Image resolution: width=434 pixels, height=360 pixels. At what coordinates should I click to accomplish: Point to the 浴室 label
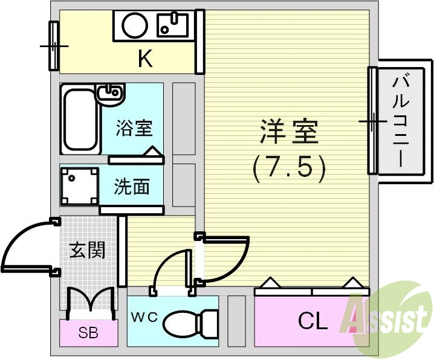(x=134, y=128)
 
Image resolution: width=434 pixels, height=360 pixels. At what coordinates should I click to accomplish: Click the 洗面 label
(x=132, y=187)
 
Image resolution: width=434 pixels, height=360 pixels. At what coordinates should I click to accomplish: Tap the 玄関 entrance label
(x=86, y=250)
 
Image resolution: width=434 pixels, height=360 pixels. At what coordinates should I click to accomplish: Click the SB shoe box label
(x=89, y=332)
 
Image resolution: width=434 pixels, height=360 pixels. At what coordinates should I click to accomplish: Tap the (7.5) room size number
(x=289, y=168)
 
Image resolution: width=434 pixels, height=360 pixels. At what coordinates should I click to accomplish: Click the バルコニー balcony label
(x=400, y=120)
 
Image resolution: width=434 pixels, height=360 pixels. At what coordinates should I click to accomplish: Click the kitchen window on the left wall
(x=54, y=45)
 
